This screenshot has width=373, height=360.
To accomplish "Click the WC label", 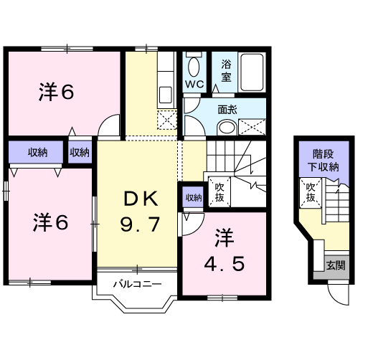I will [x=194, y=83].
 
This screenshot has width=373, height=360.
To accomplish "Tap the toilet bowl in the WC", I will [x=194, y=67].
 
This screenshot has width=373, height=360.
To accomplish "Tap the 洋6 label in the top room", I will [x=57, y=91].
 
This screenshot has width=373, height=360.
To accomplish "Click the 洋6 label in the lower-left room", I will [x=50, y=223].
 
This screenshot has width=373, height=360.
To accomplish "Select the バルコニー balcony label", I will [x=136, y=284].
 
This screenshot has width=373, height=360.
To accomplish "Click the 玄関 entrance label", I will [x=334, y=265].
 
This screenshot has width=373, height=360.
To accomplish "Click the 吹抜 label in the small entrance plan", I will [x=311, y=192].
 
